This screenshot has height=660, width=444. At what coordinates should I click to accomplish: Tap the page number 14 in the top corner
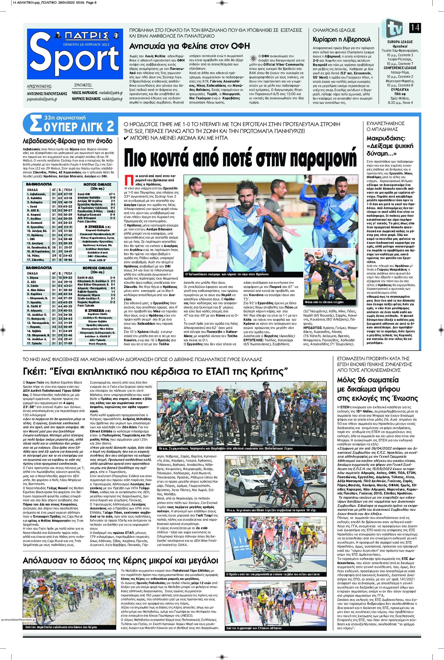point(415,28)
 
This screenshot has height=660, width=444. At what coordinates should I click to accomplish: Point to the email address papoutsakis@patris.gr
point(42,99)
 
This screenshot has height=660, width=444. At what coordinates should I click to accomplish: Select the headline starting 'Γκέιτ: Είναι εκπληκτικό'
point(155,370)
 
